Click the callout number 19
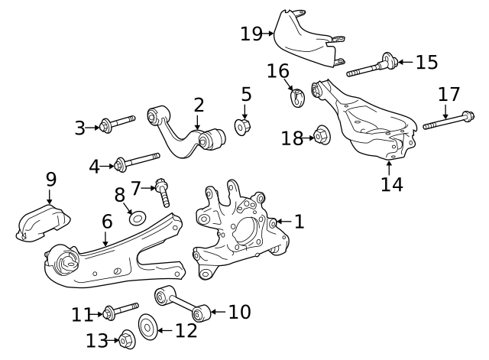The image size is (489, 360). [251, 34]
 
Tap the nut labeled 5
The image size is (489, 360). [242, 127]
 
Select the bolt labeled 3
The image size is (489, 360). [117, 124]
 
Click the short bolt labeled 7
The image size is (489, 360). [163, 192]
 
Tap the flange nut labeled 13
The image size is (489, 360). [128, 339]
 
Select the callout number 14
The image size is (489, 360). [392, 184]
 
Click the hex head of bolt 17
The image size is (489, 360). [468, 116]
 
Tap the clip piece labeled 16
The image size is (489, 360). [297, 97]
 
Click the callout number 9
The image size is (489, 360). [51, 180]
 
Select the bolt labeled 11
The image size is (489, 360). [121, 310]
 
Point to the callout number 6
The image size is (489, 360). [107, 222]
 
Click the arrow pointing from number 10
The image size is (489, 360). [219, 311]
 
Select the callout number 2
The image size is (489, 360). [199, 105]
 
